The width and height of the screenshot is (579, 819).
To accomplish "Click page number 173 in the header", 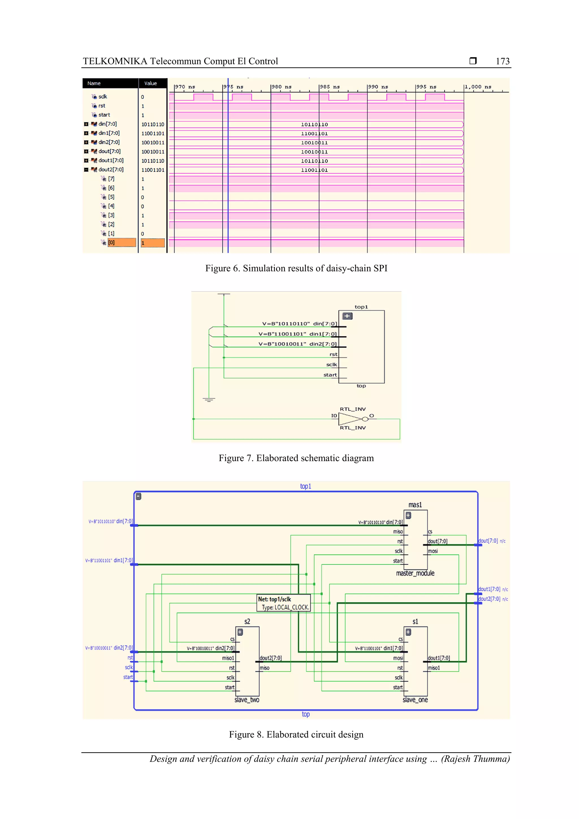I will [502, 61].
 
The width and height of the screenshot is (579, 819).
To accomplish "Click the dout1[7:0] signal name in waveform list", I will [111, 161].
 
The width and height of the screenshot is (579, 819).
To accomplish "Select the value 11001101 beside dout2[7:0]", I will [153, 170].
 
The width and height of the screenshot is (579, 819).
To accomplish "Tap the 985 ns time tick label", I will [330, 87].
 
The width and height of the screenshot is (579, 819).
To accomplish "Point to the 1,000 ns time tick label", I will [478, 87].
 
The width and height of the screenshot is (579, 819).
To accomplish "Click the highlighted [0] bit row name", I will [111, 243].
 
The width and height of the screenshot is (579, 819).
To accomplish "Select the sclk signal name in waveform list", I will [103, 97].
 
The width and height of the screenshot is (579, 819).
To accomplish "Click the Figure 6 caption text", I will [296, 268].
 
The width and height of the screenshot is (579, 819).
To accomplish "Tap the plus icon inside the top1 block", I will [347, 316].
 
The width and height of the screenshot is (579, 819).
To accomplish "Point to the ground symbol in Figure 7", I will [209, 399].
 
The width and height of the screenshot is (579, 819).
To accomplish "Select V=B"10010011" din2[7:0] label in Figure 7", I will [297, 344].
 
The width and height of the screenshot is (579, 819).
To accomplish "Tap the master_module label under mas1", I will [415, 573].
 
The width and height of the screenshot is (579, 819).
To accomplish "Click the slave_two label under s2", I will [247, 700].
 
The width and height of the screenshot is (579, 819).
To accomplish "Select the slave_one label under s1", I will [415, 700].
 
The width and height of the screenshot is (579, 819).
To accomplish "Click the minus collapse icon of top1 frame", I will [139, 496].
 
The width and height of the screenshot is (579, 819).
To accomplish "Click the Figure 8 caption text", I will [296, 734].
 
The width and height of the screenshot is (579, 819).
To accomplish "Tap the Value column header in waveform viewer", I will [151, 83].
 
